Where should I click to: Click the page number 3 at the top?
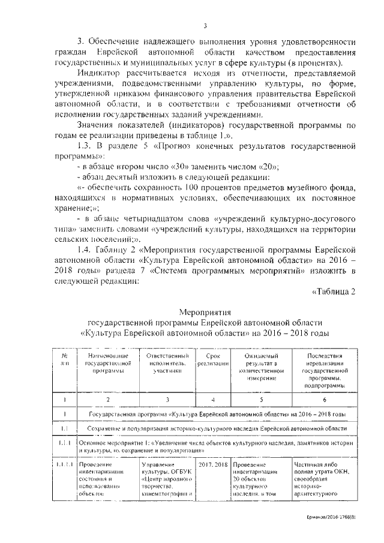pos(205,25)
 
